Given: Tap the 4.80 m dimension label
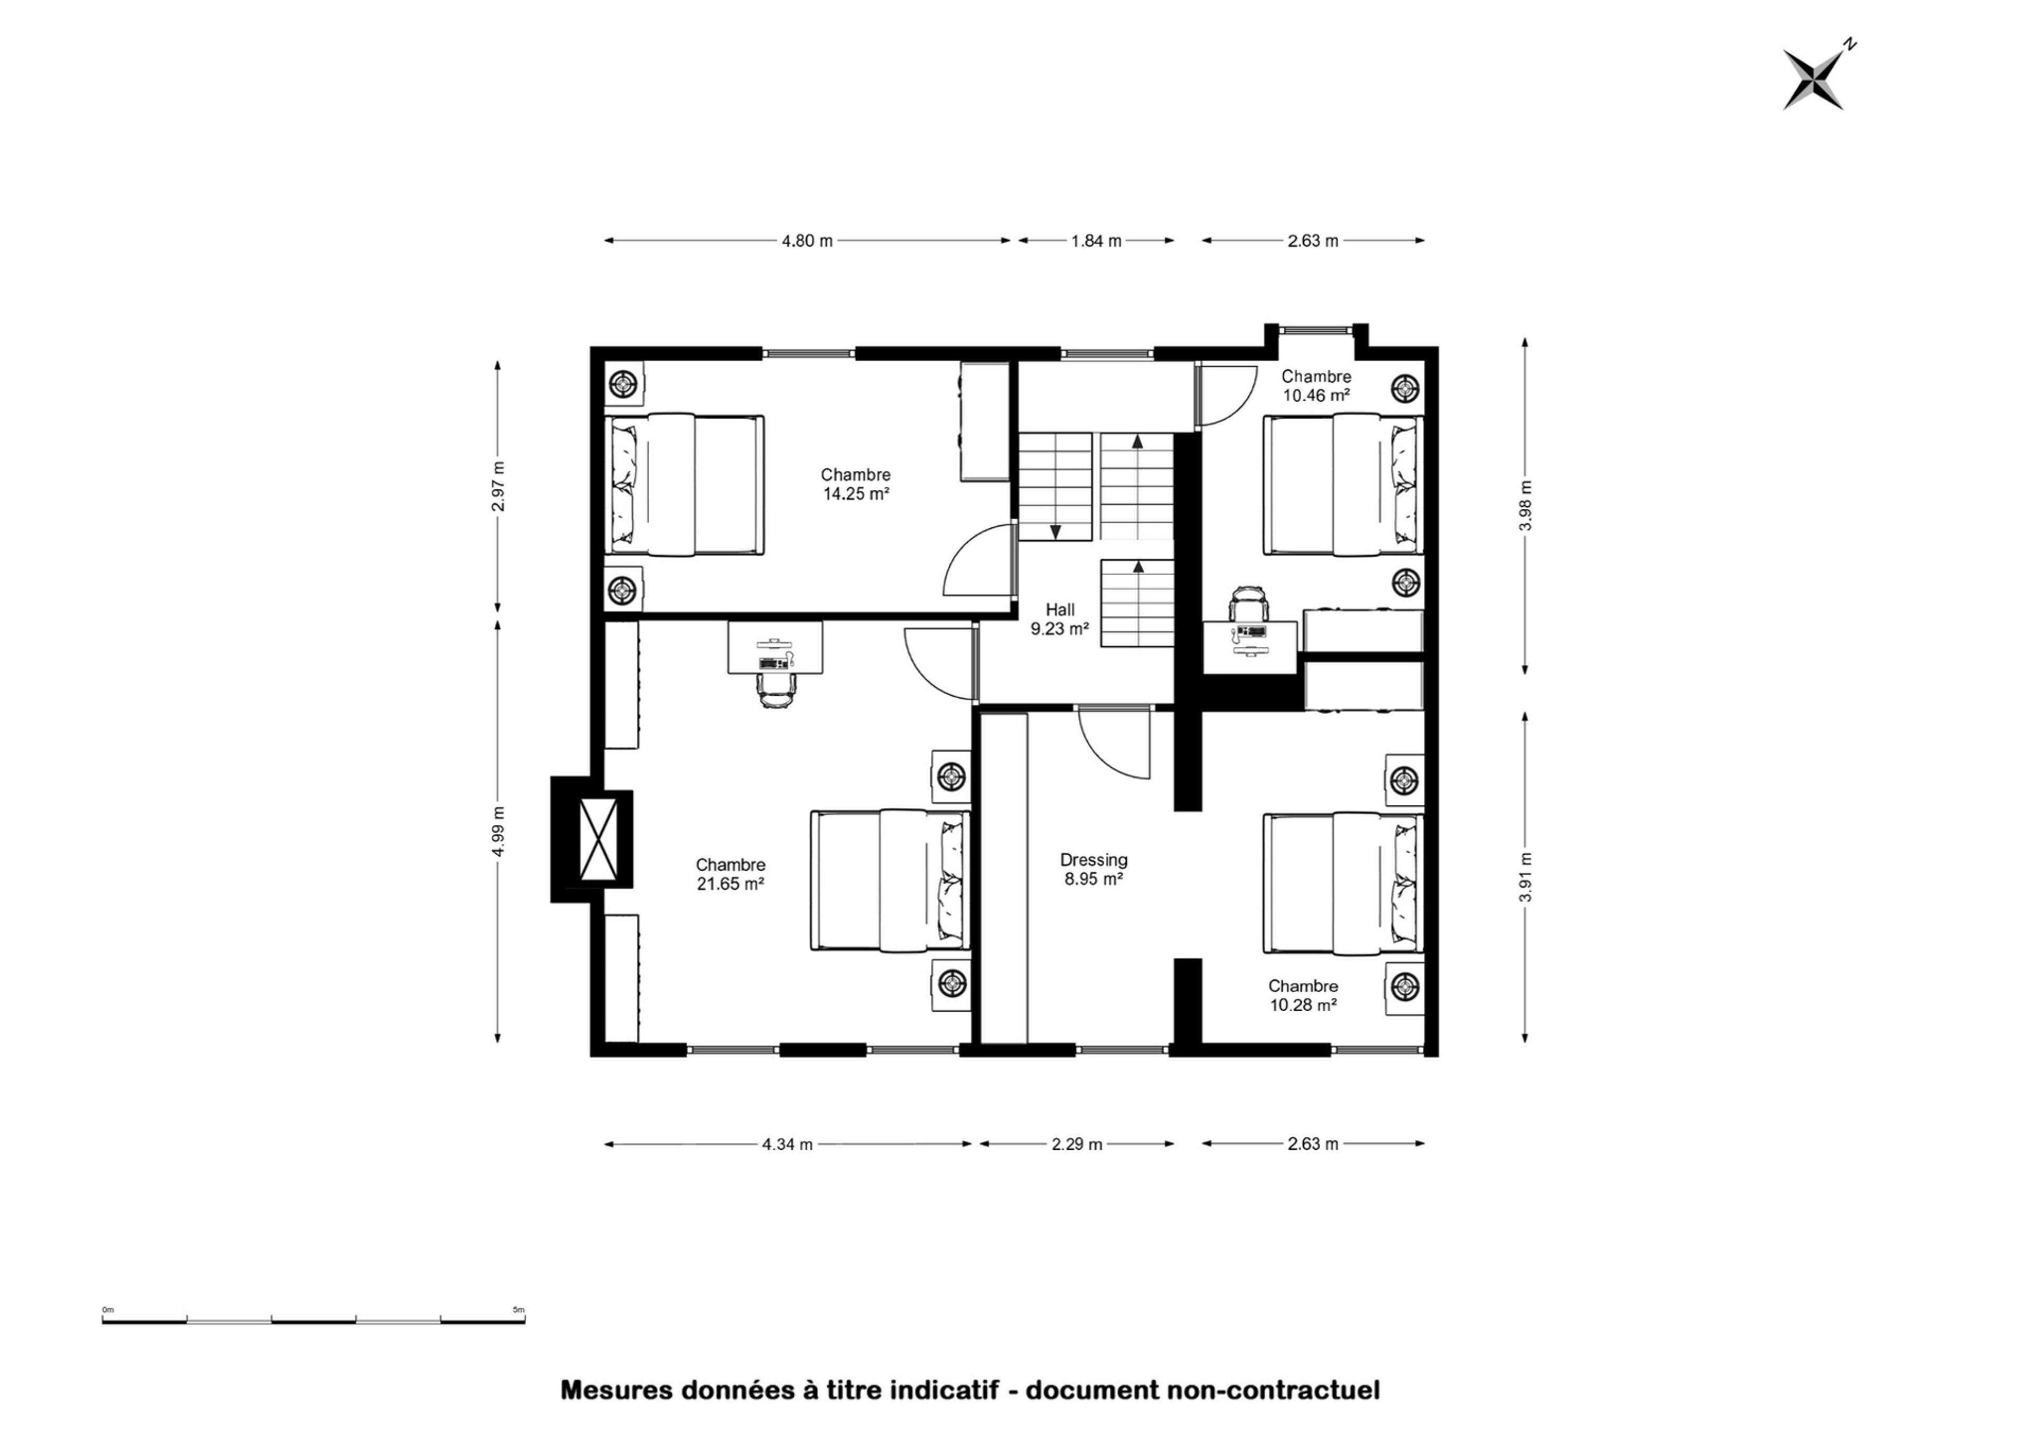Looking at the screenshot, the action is click(x=807, y=241).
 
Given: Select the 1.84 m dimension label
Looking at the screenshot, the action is click(x=1096, y=241).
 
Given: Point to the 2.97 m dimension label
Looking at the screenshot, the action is click(x=499, y=487).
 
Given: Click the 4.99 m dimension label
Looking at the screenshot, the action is click(x=499, y=832).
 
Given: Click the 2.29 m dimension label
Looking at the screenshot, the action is click(x=1077, y=1144).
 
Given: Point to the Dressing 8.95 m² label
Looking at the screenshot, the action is click(x=1093, y=869).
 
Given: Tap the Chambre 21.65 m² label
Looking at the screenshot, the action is click(x=730, y=874).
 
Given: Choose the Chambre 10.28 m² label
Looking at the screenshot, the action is click(x=1303, y=996).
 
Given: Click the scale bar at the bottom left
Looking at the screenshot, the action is click(x=314, y=1320).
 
